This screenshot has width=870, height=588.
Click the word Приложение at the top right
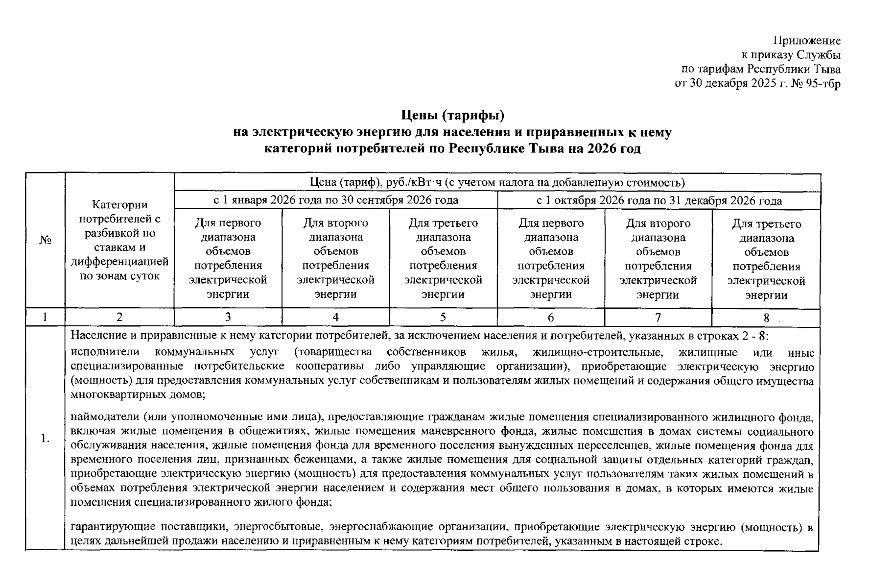pos(807,41)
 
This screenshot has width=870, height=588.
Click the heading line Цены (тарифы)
pos(452,116)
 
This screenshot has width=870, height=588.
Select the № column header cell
pos(45,240)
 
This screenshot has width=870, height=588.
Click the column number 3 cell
pos(228,318)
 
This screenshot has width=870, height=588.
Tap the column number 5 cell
pos(443,318)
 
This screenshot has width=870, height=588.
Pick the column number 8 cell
pos(766,318)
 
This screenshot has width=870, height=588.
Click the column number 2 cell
pos(119,318)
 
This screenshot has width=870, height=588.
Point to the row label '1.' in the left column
pos(45,438)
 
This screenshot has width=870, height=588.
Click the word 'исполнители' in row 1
pos(105,352)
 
